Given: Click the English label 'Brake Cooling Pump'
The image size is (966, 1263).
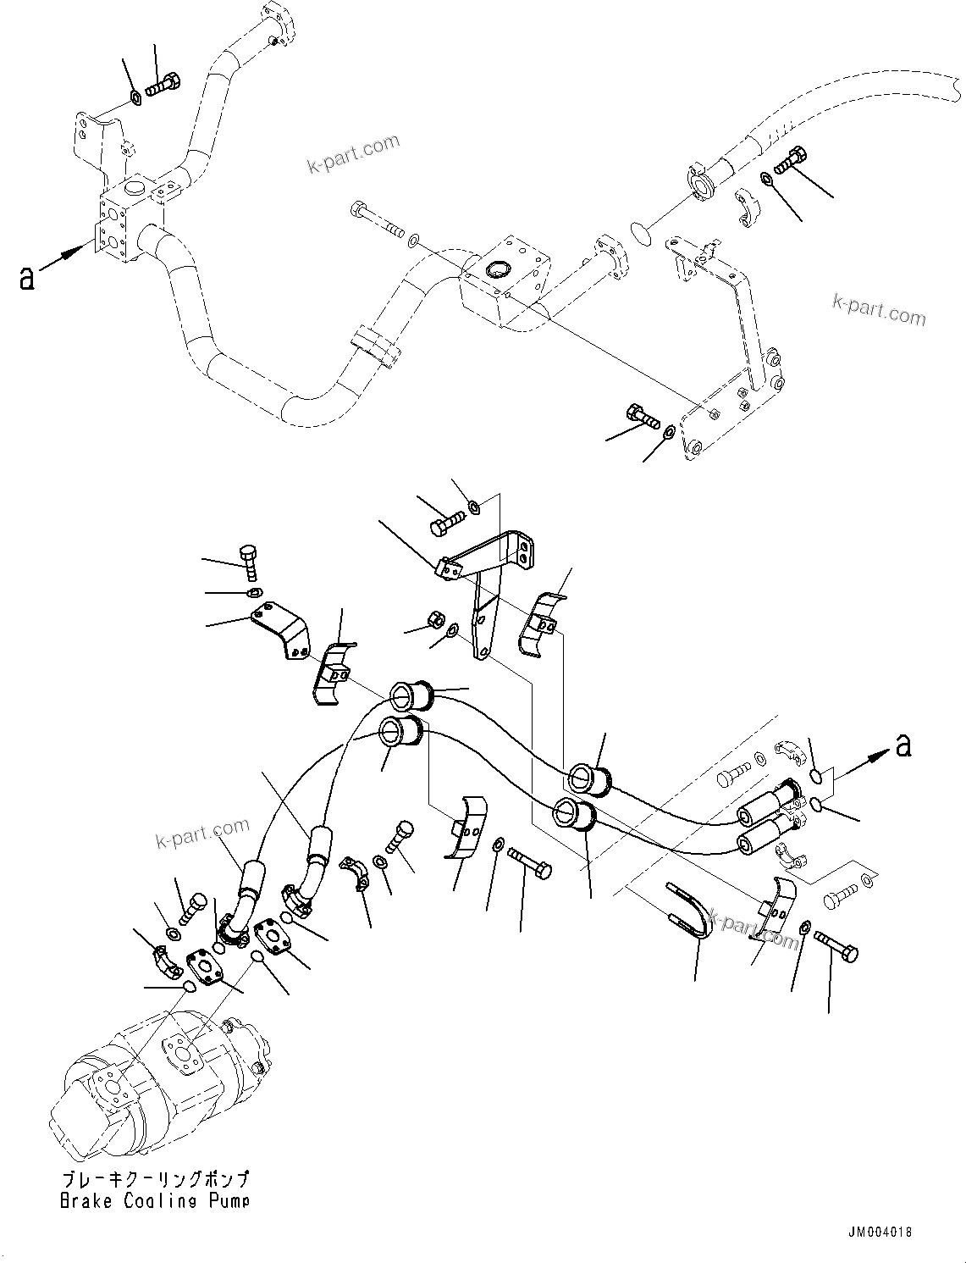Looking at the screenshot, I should click(155, 1200).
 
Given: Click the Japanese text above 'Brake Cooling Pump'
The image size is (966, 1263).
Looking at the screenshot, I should click(155, 1180).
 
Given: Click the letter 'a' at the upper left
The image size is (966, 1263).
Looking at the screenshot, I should click(28, 277).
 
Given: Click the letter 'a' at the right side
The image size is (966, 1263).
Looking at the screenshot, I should click(903, 745).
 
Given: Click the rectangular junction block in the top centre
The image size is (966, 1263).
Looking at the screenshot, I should click(505, 277).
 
